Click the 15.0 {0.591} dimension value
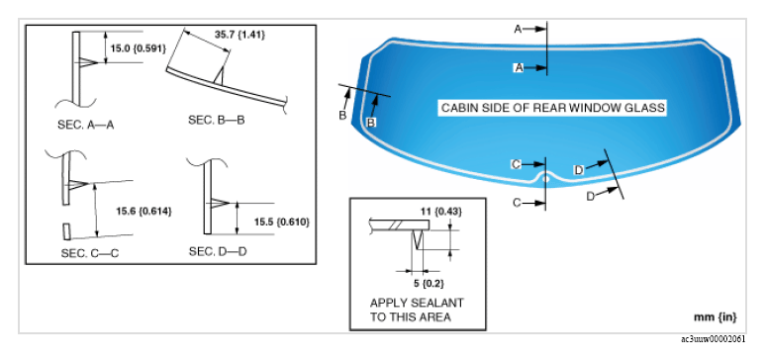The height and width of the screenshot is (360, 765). (x=139, y=48)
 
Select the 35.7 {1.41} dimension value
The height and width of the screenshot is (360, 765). (x=239, y=35)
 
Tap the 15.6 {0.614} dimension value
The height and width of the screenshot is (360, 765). (x=143, y=212)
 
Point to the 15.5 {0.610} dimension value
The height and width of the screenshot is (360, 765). (x=281, y=222)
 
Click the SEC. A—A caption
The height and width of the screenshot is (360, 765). (x=86, y=125)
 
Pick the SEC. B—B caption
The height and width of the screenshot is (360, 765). (x=216, y=120)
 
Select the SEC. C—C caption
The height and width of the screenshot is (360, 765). (x=90, y=253)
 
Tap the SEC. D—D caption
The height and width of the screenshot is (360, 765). (x=217, y=252)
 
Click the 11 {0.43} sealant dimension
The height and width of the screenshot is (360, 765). (x=441, y=212)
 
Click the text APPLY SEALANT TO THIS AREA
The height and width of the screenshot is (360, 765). (x=417, y=310)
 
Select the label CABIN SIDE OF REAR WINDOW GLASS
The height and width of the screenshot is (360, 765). (x=553, y=108)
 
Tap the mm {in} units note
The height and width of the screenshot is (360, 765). (x=716, y=317)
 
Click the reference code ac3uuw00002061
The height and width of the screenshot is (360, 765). (x=714, y=339)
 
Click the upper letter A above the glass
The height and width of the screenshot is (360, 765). (x=518, y=30)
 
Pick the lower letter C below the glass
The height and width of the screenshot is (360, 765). (x=518, y=203)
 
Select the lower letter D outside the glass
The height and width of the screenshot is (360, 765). (x=591, y=196)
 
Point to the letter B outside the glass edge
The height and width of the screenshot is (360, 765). (x=343, y=116)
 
